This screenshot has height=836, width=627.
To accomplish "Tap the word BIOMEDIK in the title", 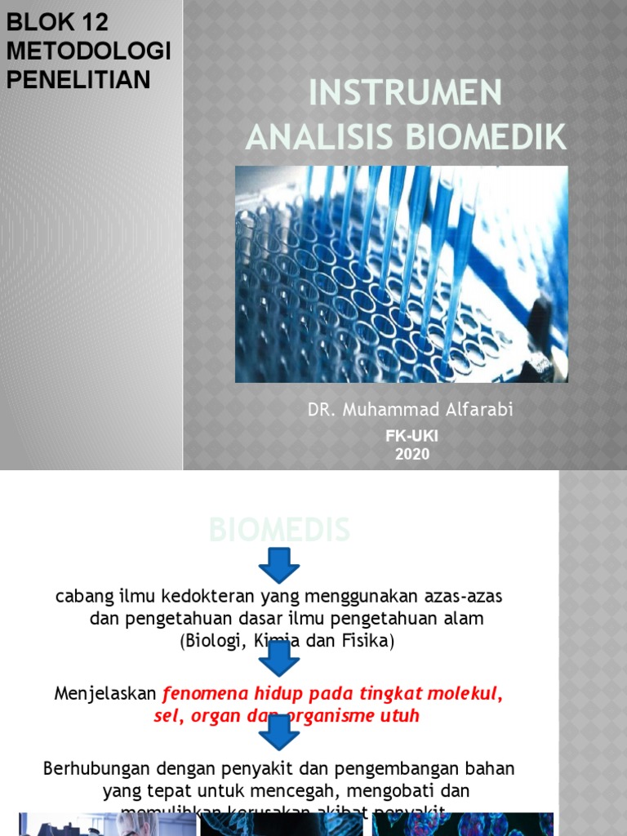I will (x=490, y=138).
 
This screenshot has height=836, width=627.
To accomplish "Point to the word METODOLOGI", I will (x=88, y=51).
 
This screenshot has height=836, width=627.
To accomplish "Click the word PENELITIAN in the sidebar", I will (x=78, y=79).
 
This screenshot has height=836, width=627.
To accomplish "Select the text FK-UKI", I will (x=411, y=437).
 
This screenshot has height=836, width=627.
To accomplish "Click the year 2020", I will (x=411, y=455).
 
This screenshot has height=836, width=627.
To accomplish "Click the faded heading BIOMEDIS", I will (x=279, y=531).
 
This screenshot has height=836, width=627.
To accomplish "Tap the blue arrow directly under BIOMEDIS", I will (x=279, y=565).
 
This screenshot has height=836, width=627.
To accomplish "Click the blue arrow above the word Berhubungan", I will (x=279, y=731).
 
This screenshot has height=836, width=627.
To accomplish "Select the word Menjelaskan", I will (x=104, y=694).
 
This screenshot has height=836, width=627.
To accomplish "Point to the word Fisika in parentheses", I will (x=369, y=642).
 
